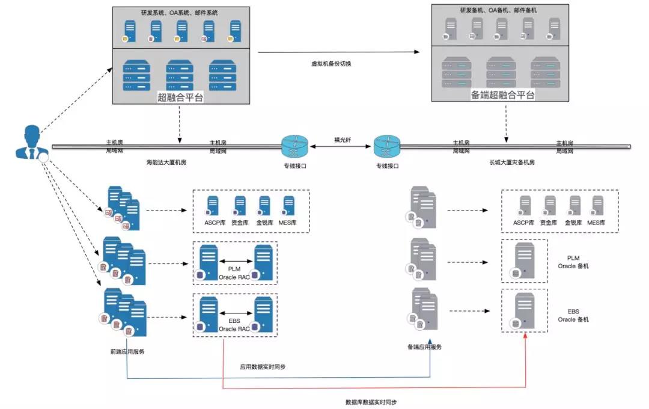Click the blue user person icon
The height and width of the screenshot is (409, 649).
point(29,143)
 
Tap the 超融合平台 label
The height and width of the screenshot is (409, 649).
point(180,97)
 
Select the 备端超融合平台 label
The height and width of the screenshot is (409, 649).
point(503,94)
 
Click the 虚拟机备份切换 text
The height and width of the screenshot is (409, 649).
point(331,63)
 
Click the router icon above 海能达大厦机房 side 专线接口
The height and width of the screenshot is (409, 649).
point(294,146)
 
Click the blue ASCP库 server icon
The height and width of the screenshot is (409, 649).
point(212,205)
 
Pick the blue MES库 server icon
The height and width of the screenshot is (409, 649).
point(288,205)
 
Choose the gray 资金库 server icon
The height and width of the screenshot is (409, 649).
point(550,206)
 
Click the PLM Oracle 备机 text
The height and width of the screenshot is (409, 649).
point(573,262)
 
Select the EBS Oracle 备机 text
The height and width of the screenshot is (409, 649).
point(573,315)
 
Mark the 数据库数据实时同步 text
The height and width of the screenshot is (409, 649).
point(371,401)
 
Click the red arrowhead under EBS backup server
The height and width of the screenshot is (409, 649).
point(526,335)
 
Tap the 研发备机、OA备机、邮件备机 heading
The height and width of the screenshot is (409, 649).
point(498,10)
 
